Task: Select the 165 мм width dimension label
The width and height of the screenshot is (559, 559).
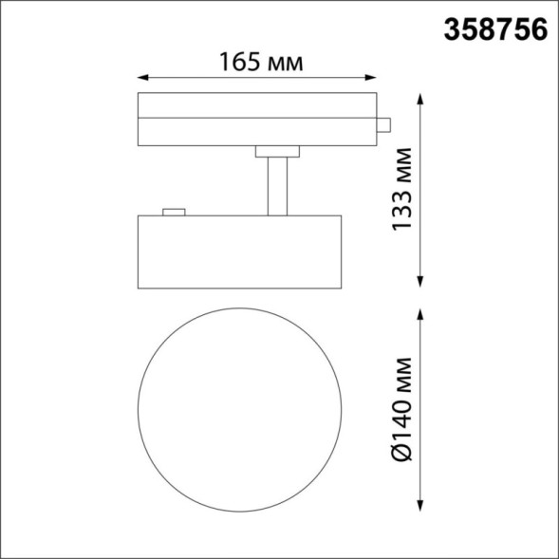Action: [261, 63]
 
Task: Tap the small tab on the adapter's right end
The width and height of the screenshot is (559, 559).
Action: [385, 123]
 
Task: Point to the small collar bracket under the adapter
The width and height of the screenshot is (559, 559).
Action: [276, 150]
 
